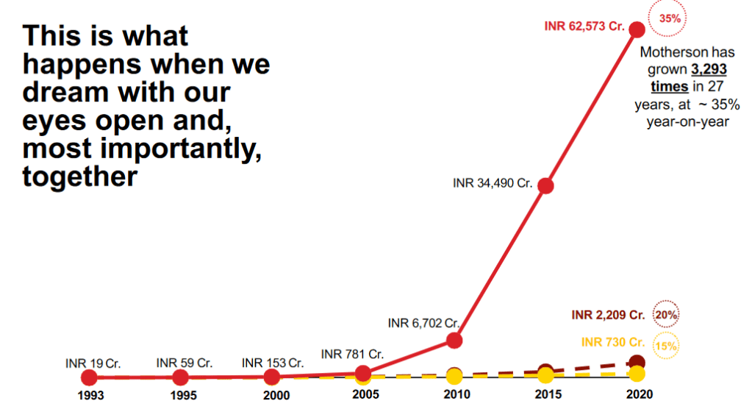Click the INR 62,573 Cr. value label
[x=584, y=26]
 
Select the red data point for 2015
[x=545, y=185]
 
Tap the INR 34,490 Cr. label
[x=493, y=182]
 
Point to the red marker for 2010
[x=454, y=340]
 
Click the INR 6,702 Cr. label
[x=423, y=322]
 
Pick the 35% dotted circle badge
[x=670, y=19]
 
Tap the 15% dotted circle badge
[x=666, y=344]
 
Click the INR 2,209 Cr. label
[x=608, y=315]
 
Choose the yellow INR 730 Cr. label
[x=613, y=342]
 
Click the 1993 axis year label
[x=91, y=395]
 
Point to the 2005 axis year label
[x=365, y=394]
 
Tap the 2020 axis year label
[x=636, y=394]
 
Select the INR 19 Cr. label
[x=93, y=363]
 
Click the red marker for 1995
[x=180, y=377]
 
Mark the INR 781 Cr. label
[x=352, y=355]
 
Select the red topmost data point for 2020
[x=637, y=29]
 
